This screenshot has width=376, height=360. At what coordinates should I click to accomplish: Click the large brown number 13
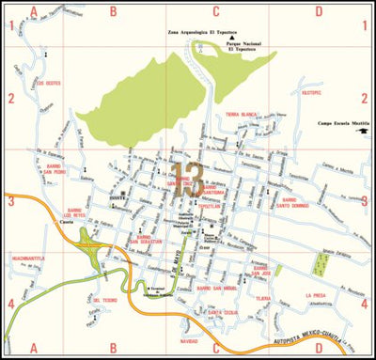[x=188, y=179]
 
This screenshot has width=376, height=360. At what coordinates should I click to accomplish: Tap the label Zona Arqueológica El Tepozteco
[x=203, y=32]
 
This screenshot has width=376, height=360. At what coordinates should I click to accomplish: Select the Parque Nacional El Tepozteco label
[x=243, y=46]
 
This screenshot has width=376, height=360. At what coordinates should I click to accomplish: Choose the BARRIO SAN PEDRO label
[x=53, y=169]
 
